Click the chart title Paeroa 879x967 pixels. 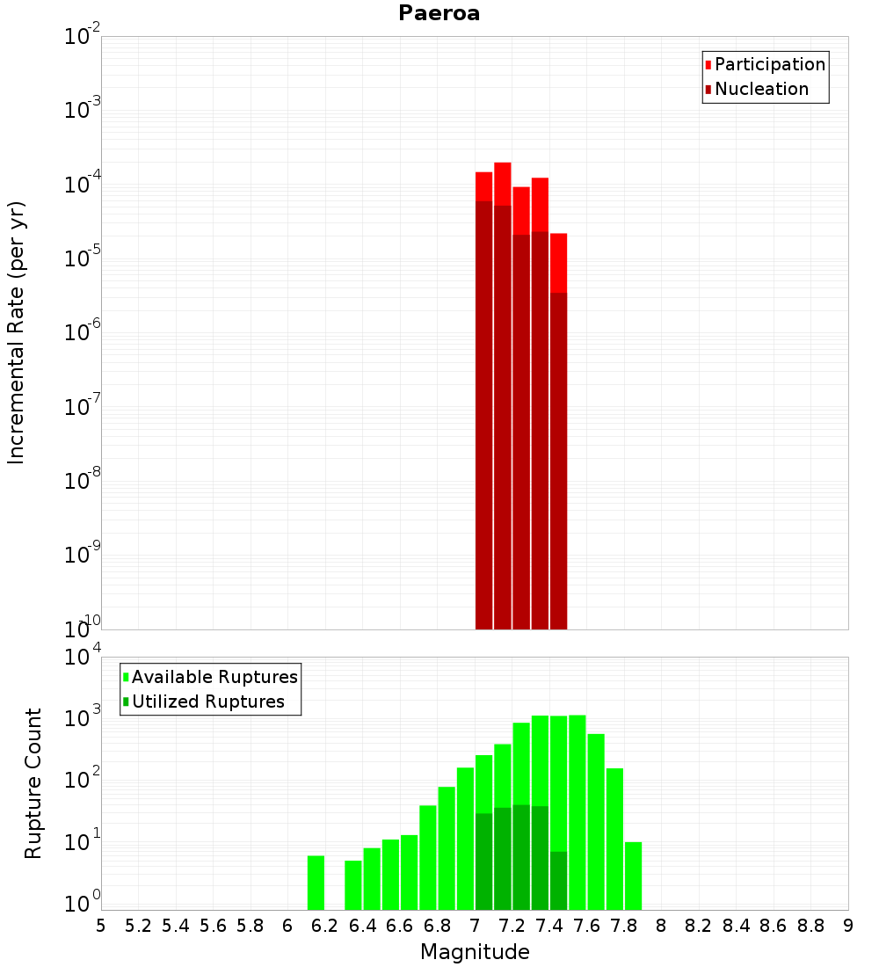(439, 13)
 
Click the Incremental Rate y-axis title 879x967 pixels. (17, 332)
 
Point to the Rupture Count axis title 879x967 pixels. (33, 782)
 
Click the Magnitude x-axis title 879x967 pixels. (475, 951)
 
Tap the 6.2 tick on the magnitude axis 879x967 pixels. (325, 925)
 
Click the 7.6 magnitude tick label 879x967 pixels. (587, 925)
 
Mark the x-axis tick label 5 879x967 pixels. (101, 925)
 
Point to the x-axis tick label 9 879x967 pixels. (848, 925)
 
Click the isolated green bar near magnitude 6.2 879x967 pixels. (316, 883)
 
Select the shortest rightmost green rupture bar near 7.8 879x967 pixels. (633, 876)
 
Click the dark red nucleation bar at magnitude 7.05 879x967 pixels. (483, 413)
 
